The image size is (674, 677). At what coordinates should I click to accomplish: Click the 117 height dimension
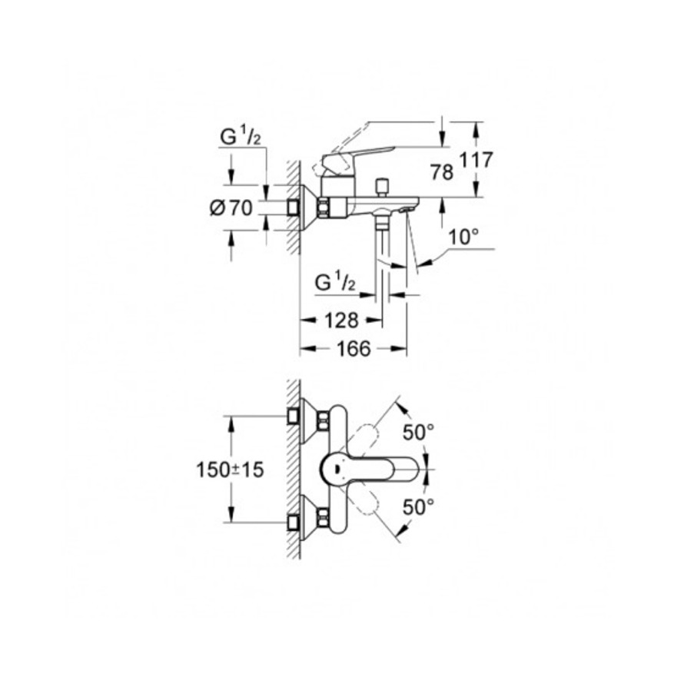[x=476, y=161]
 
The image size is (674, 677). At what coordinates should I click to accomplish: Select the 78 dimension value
[x=442, y=172]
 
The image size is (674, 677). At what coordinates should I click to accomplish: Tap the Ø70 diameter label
[x=231, y=207]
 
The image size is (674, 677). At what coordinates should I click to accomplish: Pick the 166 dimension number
[x=354, y=348]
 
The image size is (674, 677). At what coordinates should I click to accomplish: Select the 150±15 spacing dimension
[x=230, y=470]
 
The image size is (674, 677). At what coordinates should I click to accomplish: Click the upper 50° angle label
[x=420, y=433]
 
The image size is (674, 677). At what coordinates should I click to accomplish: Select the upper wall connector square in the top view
[x=293, y=417]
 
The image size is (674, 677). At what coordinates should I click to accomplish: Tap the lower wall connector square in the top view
[x=293, y=523]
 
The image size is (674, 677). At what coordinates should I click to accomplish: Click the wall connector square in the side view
[x=293, y=207]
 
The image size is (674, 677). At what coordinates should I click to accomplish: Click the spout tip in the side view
[x=411, y=206]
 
